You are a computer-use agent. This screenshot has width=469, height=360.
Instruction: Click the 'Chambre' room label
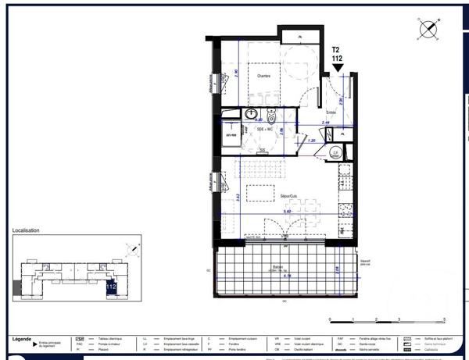pyautogui.click(x=263, y=76)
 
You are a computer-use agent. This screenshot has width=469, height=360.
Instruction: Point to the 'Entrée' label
pyautogui.click(x=331, y=113)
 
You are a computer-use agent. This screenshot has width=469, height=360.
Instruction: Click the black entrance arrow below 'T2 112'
pyautogui.click(x=337, y=69)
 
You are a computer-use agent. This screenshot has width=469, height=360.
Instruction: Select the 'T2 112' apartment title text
pyautogui.click(x=337, y=53)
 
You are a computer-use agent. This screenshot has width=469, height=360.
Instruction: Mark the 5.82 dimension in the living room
pyautogui.click(x=287, y=211)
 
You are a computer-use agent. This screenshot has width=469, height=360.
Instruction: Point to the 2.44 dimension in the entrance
pyautogui.click(x=327, y=123)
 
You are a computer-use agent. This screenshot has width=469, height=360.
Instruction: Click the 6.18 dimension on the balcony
pyautogui.click(x=287, y=275)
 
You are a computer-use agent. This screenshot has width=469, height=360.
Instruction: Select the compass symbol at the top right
pyautogui.click(x=428, y=29)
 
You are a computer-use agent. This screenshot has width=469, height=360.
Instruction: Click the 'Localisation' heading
pyautogui.click(x=27, y=231)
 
